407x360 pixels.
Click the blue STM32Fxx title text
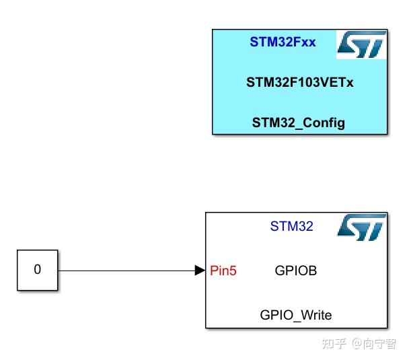(x=283, y=42)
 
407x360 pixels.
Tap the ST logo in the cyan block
(x=362, y=44)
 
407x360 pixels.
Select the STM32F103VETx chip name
(x=299, y=83)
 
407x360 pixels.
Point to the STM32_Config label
(x=299, y=122)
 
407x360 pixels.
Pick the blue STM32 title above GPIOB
(x=291, y=226)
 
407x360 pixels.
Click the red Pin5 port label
(x=223, y=271)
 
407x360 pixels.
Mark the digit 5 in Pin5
(x=233, y=271)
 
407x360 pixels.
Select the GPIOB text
(x=296, y=271)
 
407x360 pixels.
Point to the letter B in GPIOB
(x=312, y=271)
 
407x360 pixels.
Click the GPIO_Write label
(x=296, y=315)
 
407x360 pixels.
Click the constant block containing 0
(x=38, y=270)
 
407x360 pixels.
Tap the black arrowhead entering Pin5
(x=200, y=271)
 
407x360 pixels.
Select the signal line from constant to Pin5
(x=128, y=271)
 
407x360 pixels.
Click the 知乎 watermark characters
(x=334, y=344)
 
